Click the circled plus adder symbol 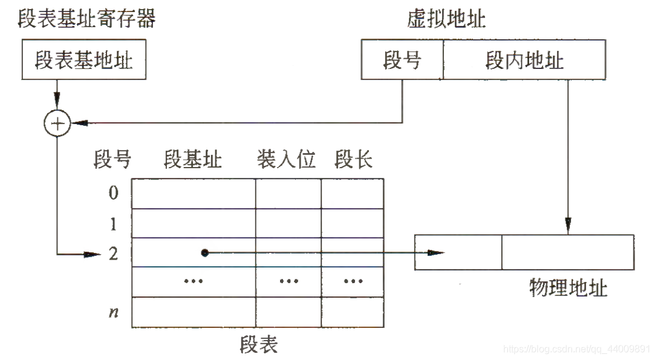click(x=57, y=124)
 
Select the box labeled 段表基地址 click(x=83, y=61)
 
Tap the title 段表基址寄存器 click(x=86, y=19)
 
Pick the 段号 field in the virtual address click(x=402, y=61)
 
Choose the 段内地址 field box click(x=524, y=61)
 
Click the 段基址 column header click(x=192, y=160)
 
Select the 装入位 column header click(x=286, y=160)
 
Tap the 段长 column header click(x=353, y=160)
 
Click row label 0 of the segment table click(x=113, y=194)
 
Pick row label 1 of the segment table click(x=113, y=224)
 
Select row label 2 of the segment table click(x=113, y=254)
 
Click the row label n click(x=113, y=312)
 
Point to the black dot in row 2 click(x=205, y=253)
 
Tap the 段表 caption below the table click(x=258, y=344)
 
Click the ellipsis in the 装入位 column click(x=288, y=282)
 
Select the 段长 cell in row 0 click(x=352, y=194)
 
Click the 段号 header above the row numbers click(x=112, y=160)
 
